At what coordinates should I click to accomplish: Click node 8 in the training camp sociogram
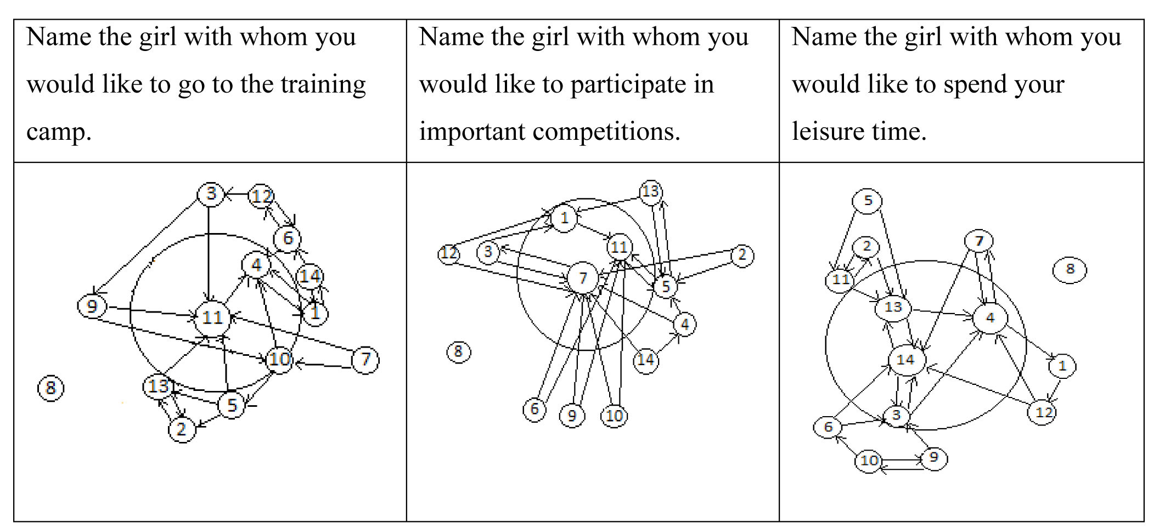50,388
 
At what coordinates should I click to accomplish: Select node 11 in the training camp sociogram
212,317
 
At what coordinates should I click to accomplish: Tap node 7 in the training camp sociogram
365,360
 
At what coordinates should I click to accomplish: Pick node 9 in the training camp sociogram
92,306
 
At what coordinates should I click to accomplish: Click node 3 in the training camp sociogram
211,194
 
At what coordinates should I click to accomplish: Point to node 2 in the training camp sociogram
182,429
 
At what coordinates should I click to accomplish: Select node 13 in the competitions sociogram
651,192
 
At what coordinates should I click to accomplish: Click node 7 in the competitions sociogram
583,278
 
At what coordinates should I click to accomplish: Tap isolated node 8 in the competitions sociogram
458,351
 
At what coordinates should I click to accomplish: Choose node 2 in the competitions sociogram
742,256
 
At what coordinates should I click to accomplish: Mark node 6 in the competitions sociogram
535,409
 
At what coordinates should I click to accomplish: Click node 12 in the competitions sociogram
449,253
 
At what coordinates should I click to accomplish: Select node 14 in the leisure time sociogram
906,360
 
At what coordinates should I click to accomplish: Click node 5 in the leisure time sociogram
868,201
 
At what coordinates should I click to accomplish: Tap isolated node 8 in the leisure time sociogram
1070,269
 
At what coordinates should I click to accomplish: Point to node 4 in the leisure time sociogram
990,318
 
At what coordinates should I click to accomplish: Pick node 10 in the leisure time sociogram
869,461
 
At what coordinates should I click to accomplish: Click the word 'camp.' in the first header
59,132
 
